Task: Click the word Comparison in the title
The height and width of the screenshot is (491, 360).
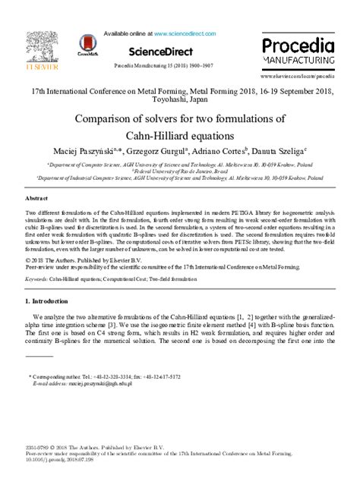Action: click(x=114, y=118)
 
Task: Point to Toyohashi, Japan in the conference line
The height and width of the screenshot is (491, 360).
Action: click(x=179, y=101)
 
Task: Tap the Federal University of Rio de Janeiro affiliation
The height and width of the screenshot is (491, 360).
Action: click(x=180, y=172)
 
